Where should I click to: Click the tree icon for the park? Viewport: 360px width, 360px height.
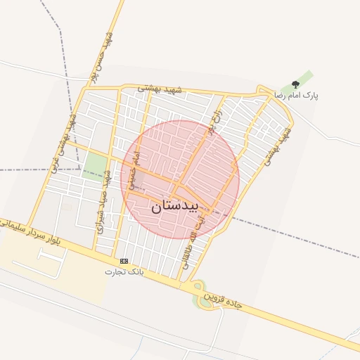click(295, 84)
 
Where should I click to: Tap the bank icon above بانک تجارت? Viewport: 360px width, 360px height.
click(124, 261)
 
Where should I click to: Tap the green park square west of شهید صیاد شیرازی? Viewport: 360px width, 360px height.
click(94, 166)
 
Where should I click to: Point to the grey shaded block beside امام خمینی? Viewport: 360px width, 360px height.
click(138, 181)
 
